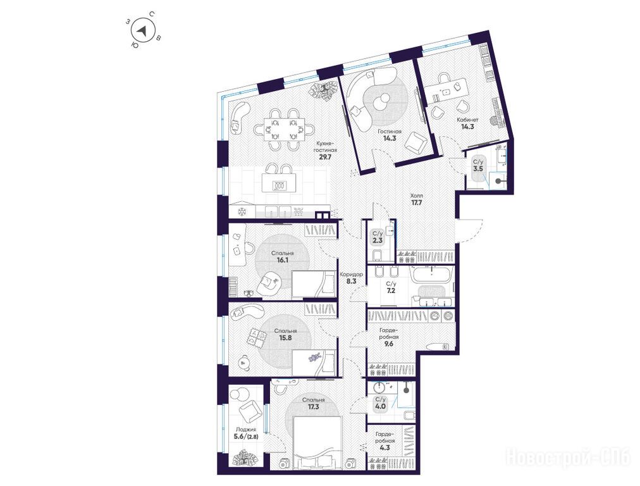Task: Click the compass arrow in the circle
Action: (142, 30)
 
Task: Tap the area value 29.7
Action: (325, 158)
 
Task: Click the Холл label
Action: (416, 196)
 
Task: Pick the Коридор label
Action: (351, 275)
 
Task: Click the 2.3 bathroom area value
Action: (378, 240)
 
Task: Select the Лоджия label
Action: (245, 430)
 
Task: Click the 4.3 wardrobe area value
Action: (385, 447)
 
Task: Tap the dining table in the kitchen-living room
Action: (284, 129)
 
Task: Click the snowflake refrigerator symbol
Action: (242, 212)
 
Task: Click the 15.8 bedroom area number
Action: (285, 338)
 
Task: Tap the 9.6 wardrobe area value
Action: (389, 344)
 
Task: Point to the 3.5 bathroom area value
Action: (477, 168)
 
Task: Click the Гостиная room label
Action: (390, 132)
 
